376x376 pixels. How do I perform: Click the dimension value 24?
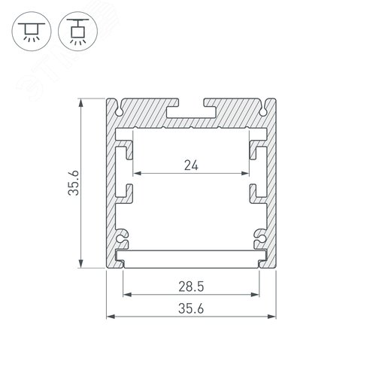pos(190,165)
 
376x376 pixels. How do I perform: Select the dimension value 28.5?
pos(190,287)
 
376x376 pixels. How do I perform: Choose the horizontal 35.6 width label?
pos(190,308)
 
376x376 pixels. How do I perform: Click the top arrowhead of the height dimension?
pos(81,102)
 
